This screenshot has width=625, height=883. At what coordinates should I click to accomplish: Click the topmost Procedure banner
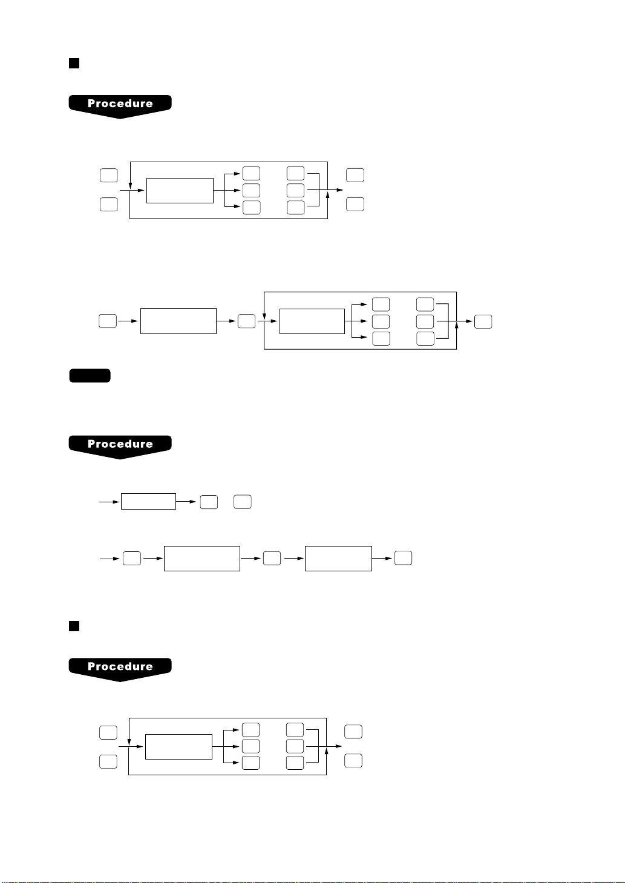coord(120,105)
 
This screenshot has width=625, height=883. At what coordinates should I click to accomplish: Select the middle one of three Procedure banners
coord(120,445)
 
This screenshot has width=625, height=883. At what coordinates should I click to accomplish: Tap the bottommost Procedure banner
coord(120,668)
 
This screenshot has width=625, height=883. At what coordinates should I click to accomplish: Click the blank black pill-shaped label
coord(90,376)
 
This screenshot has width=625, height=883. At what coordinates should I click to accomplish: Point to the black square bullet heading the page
coord(74,63)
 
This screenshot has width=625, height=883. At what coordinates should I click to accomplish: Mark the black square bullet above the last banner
coord(74,626)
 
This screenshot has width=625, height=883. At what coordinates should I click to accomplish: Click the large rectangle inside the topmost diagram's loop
coord(180,191)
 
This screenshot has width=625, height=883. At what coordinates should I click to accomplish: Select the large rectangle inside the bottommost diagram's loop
coord(178,747)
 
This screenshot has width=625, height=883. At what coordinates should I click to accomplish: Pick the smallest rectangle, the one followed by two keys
coord(148,502)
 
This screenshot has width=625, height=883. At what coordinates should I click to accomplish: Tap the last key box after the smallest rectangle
coord(243,502)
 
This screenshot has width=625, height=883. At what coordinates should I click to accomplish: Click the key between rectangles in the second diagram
coord(246,321)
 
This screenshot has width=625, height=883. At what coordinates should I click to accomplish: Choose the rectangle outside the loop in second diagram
coord(178,321)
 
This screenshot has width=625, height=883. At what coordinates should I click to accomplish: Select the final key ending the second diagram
coord(483,321)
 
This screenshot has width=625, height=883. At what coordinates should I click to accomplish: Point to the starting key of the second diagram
coord(107,321)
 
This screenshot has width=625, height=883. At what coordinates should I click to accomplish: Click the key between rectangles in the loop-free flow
coord(272,559)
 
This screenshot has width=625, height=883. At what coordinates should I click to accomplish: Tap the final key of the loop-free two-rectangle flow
coord(403,558)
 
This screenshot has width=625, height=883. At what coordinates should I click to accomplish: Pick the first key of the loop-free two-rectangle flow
coord(132,559)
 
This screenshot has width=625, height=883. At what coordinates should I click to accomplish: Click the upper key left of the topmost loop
coord(108,176)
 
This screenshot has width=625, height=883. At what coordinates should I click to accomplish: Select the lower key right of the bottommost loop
coord(353,761)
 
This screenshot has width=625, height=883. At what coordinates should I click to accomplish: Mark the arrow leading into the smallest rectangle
coord(110,502)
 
